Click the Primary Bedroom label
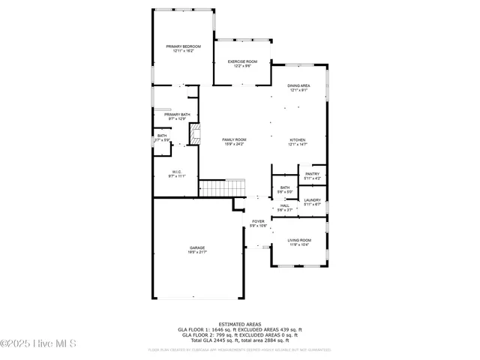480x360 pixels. [184, 46]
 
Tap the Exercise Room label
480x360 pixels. [242, 61]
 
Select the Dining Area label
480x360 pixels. [298, 85]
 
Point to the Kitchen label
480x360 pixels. [298, 140]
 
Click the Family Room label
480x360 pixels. [234, 139]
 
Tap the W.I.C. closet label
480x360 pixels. [177, 172]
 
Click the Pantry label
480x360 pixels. [313, 174]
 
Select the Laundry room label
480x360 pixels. [312, 200]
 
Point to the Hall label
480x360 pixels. [284, 205]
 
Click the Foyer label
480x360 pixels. [258, 221]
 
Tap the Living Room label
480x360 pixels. [299, 240]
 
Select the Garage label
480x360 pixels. [197, 247]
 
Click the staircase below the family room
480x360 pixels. [222, 187]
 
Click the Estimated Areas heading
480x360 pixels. [240, 324]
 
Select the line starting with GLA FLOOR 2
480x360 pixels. [240, 334]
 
